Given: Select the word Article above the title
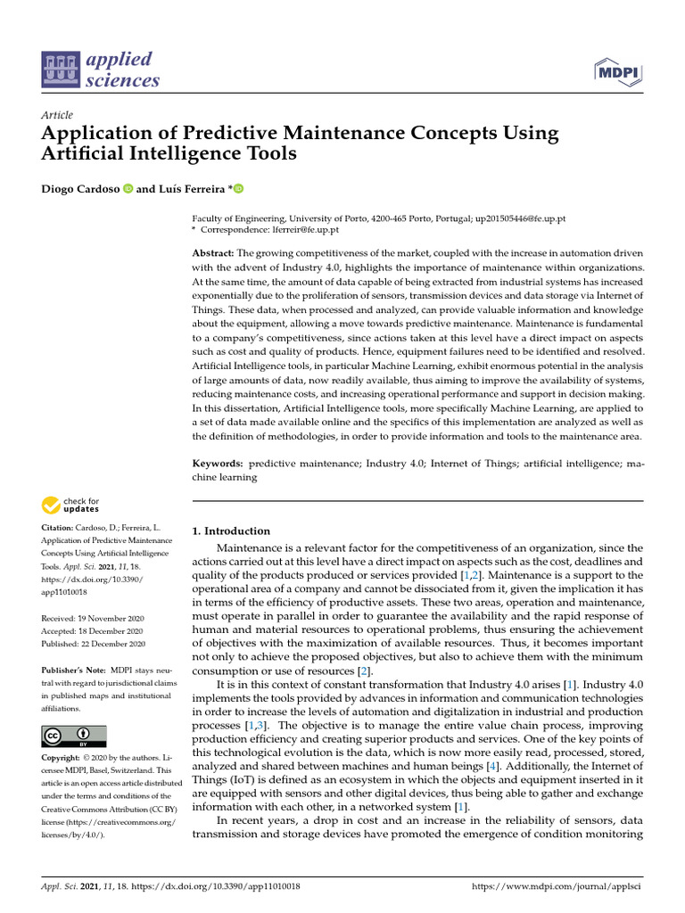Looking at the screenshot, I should pyautogui.click(x=57, y=115).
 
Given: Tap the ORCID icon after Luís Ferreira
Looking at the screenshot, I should pyautogui.click(x=238, y=188).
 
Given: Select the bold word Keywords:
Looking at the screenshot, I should pyautogui.click(x=218, y=465).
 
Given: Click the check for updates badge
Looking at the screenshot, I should pyautogui.click(x=71, y=506).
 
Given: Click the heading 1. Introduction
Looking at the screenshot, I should pyautogui.click(x=231, y=531).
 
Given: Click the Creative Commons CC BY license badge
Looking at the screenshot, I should pyautogui.click(x=74, y=736).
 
